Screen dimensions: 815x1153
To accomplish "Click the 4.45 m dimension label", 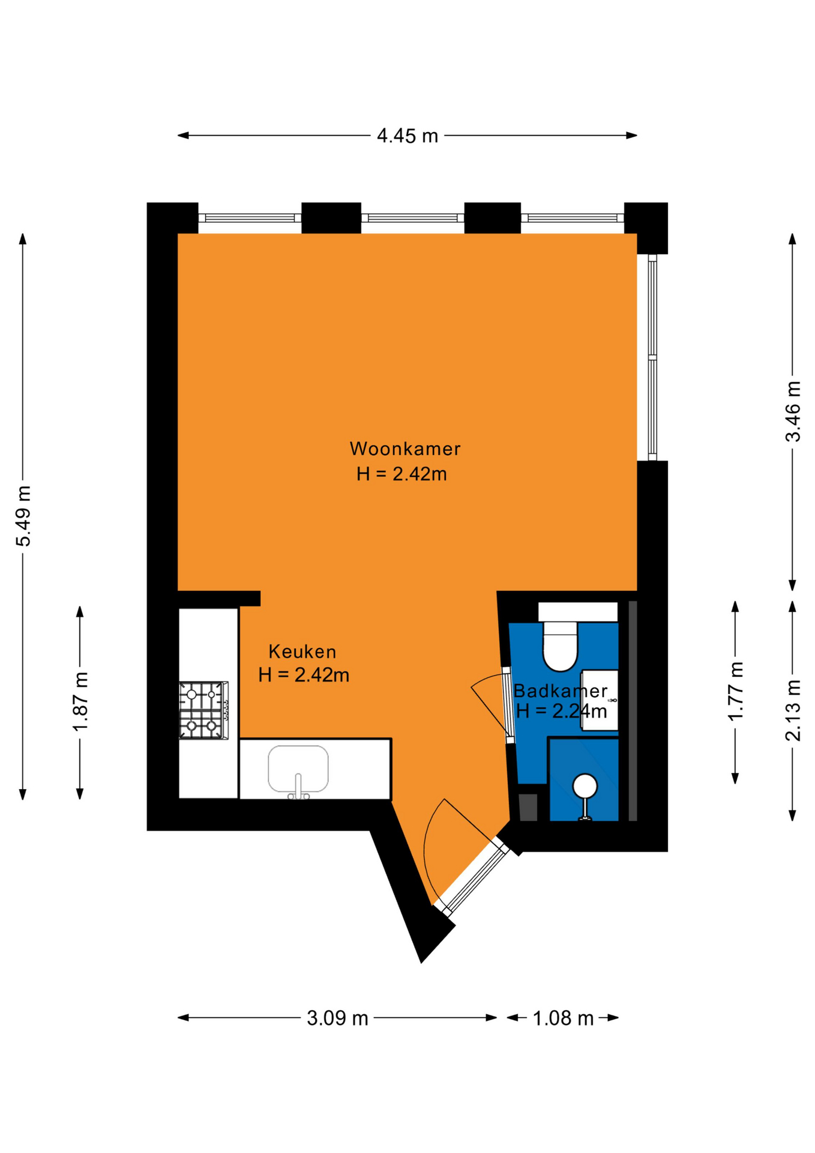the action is point(407,136).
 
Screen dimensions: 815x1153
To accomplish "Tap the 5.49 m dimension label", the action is point(23,516).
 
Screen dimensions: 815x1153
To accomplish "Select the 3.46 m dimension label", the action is point(793,411).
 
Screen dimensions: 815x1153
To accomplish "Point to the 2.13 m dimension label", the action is point(793,710).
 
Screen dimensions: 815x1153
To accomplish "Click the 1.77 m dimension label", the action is point(735,691).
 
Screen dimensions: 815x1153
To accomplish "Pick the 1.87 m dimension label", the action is point(80,701).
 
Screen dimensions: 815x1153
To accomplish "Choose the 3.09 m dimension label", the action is point(337,1018).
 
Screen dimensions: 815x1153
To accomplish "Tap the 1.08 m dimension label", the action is point(563,1018).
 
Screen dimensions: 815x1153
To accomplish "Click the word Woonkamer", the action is point(405,449).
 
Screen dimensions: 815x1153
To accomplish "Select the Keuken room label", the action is point(302,652).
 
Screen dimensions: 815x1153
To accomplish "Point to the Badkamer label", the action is point(561,691).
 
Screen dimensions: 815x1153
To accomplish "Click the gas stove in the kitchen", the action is point(204,710).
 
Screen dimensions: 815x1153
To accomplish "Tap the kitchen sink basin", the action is point(298,769).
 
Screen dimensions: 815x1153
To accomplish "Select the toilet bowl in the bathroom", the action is point(560,646).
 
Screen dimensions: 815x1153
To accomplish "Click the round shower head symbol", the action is point(585,786).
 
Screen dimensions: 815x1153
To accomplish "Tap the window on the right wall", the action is point(652,357).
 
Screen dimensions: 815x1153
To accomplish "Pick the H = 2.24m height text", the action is point(561,712).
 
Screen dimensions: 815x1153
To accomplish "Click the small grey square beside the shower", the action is point(528,808).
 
